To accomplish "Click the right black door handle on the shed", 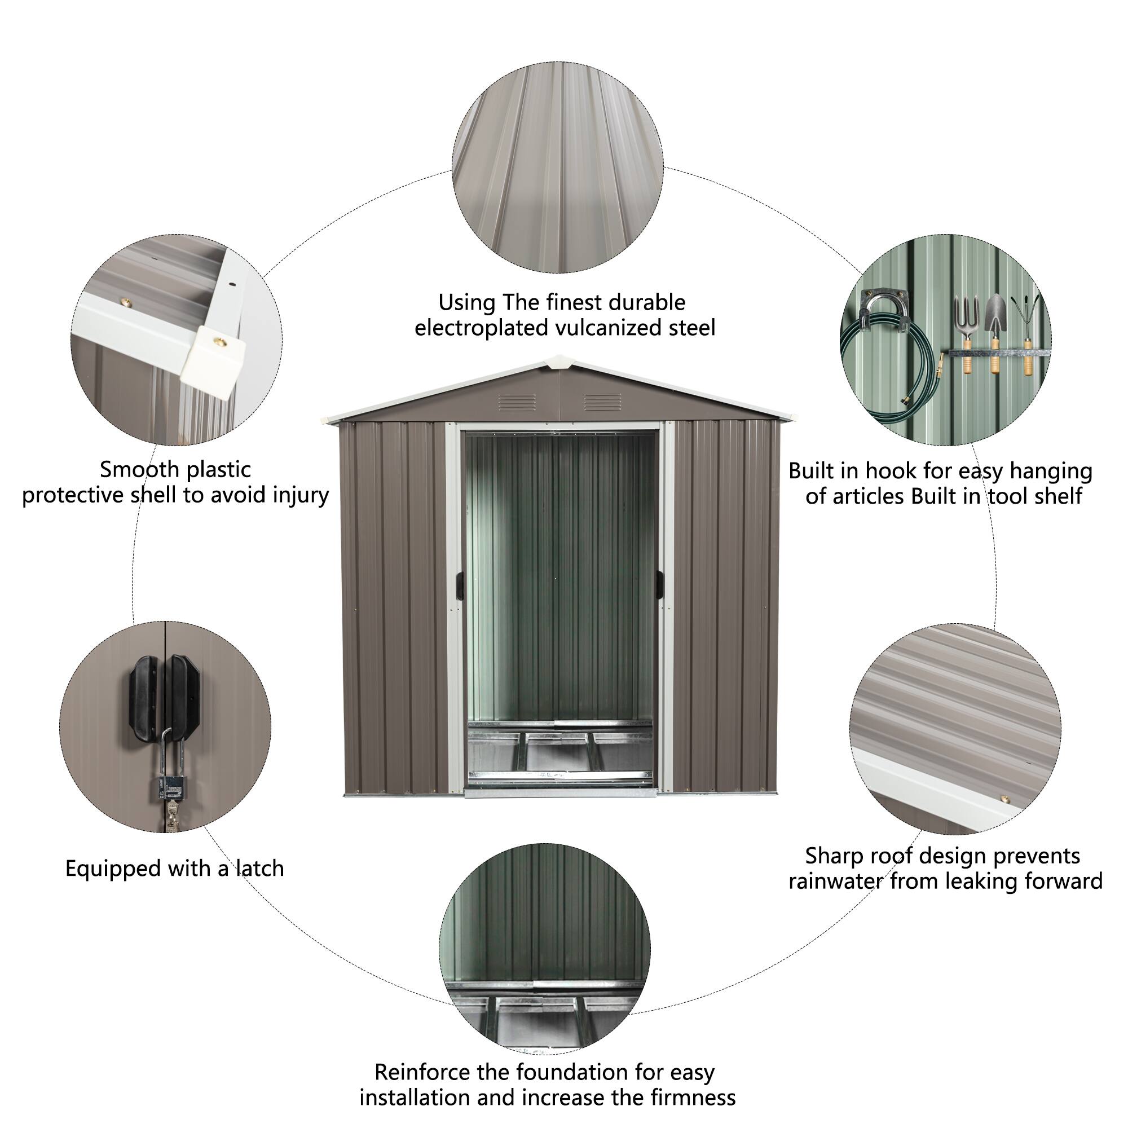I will click(x=660, y=584).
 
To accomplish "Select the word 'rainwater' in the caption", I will click(x=835, y=880).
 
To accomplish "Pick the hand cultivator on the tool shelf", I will click(x=1028, y=327).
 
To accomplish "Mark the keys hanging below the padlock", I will click(x=171, y=814).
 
